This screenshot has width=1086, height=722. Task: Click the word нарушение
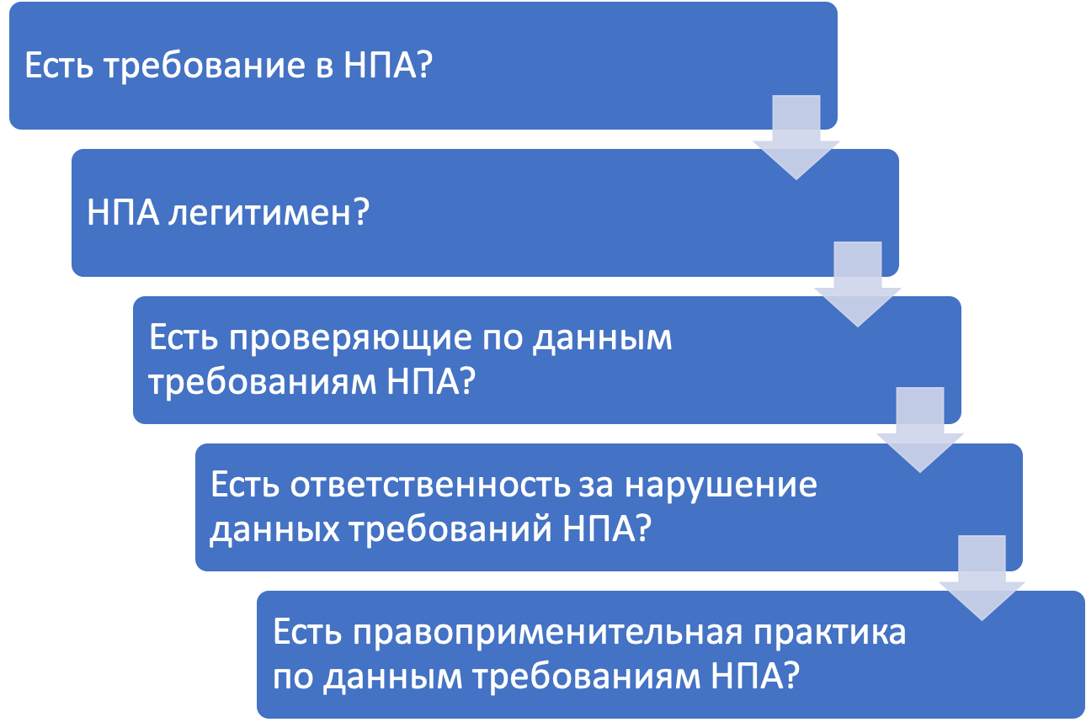[x=737, y=486]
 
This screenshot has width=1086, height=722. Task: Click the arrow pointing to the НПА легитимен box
[x=796, y=139]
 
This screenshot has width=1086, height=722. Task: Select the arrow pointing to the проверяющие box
[x=857, y=286]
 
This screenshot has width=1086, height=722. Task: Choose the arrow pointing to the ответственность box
[x=919, y=432]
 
